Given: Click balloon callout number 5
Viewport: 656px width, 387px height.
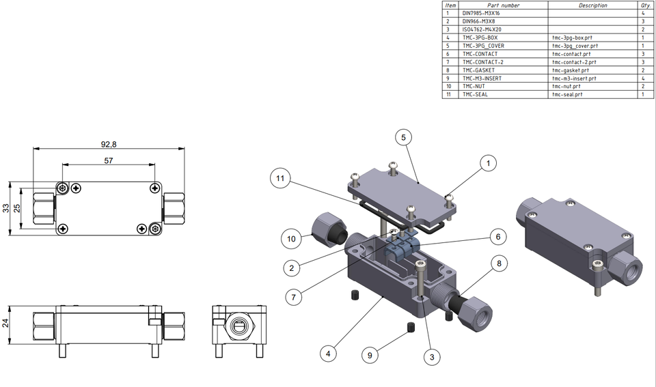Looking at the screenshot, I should (403, 137).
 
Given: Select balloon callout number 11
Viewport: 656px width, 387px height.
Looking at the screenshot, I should (280, 178).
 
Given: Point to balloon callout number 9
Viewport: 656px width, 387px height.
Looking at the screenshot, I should (370, 355).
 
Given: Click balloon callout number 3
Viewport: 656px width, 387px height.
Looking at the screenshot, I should (431, 356).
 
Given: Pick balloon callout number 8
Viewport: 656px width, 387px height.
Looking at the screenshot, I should (499, 262).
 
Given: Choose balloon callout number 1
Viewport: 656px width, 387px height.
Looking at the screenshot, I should (488, 163).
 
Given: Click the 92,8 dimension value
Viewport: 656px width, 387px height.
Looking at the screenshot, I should (108, 145).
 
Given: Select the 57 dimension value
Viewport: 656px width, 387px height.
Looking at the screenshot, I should (108, 161).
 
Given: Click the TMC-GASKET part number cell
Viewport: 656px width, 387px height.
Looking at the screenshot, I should (478, 70).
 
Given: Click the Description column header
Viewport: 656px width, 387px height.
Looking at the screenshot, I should (592, 5).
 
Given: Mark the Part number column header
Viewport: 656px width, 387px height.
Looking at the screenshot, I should (504, 5).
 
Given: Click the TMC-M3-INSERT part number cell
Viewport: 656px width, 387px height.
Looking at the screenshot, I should (482, 78).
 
